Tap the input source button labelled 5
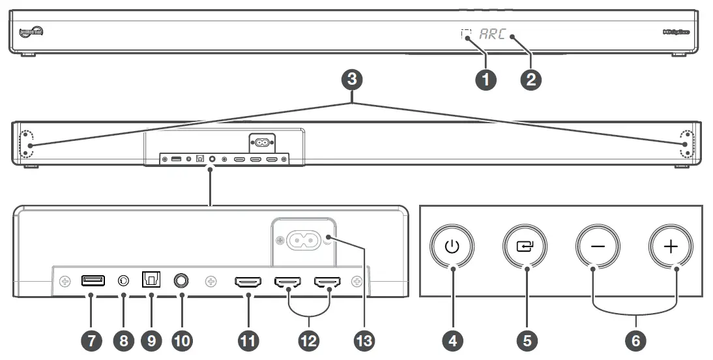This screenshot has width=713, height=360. point(525,248)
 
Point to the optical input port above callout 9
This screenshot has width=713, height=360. point(151,280)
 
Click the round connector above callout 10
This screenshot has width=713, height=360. point(182,280)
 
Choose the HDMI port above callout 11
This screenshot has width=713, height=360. point(248,282)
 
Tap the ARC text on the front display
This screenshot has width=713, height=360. point(492,35)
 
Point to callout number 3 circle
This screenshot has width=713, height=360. point(352,80)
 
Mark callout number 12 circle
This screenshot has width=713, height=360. point(309,339)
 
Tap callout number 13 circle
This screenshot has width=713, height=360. point(364,339)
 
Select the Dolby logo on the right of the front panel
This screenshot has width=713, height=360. point(677,31)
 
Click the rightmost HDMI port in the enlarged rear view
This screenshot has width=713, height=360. point(328,282)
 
